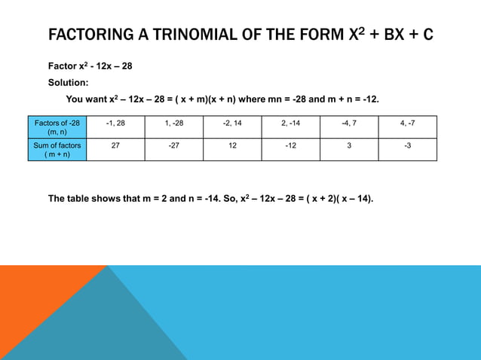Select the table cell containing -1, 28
(x=115, y=127)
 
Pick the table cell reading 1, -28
(x=173, y=127)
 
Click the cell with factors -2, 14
(x=232, y=127)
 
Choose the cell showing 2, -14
(x=291, y=127)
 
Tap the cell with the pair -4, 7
(x=349, y=127)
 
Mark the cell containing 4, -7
(x=407, y=127)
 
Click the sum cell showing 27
(x=115, y=149)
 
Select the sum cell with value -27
(x=173, y=149)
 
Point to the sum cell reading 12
(x=232, y=149)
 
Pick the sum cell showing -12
(x=291, y=149)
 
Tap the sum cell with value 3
(x=349, y=149)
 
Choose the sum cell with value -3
(x=407, y=149)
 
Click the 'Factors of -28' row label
(x=57, y=127)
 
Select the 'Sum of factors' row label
(x=57, y=149)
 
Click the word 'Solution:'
(x=69, y=83)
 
